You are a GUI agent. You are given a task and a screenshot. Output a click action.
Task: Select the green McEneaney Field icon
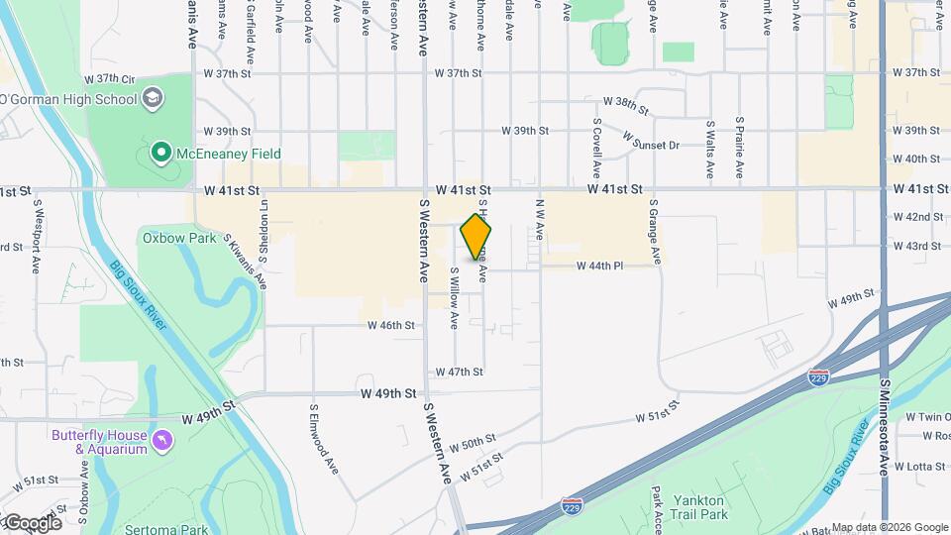tap(160, 154)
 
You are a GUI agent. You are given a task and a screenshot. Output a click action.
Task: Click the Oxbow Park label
tap(165, 238)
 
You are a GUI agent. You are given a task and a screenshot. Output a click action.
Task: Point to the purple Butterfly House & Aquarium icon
tap(160, 438)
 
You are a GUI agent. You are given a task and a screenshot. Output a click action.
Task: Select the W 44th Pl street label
tap(600, 267)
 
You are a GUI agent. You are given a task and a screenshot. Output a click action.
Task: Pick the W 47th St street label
tap(459, 372)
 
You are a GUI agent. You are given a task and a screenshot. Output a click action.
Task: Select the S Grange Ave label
tap(655, 232)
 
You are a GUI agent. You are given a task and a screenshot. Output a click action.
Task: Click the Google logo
tap(32, 522)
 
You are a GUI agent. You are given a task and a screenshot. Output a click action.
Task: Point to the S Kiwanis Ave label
tap(245, 260)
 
